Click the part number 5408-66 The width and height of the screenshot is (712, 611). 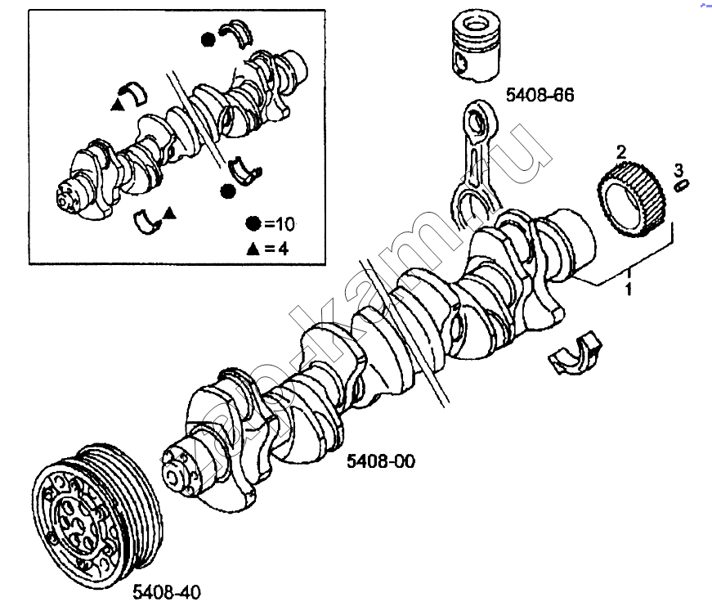540,96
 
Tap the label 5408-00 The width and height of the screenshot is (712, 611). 381,461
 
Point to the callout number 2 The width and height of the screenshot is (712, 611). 620,151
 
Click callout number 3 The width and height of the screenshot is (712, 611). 678,169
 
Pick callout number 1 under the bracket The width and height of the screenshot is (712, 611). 628,289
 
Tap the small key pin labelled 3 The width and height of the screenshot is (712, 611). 680,186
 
